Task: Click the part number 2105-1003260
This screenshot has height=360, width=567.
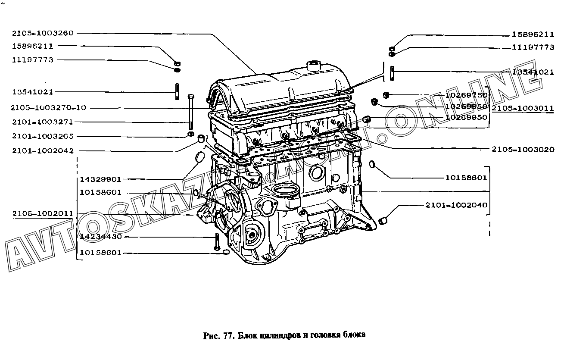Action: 43,33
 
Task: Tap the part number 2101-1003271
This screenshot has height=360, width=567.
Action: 43,122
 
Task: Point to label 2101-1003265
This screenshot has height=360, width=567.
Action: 43,136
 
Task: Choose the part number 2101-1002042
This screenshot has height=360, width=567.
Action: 43,150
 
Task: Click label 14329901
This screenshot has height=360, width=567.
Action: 100,179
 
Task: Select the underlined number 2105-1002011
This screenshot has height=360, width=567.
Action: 43,214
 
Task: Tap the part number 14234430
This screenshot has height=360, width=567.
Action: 100,237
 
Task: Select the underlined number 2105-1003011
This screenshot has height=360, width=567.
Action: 523,108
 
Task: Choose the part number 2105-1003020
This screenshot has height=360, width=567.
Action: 523,150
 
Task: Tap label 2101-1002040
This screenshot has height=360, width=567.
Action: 456,205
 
